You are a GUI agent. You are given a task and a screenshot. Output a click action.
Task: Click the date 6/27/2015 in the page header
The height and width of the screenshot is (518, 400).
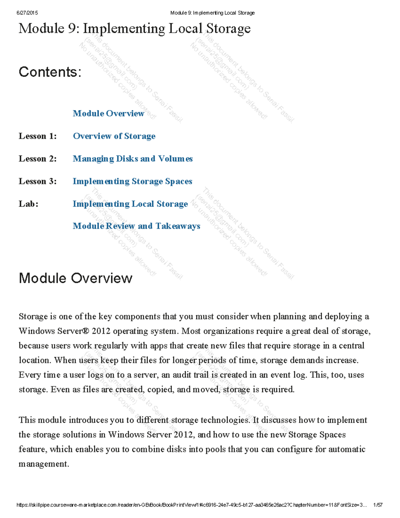(27, 13)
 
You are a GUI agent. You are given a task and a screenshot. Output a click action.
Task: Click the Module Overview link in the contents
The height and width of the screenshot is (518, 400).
(108, 113)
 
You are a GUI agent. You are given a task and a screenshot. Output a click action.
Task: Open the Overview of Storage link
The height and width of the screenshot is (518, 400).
(114, 136)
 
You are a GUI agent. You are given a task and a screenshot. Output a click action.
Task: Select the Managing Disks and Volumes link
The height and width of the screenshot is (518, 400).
(133, 159)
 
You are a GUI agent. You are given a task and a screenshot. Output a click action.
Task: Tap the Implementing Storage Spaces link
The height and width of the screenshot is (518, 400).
(132, 181)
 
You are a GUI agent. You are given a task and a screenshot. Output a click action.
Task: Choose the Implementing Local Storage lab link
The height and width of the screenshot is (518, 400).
(130, 204)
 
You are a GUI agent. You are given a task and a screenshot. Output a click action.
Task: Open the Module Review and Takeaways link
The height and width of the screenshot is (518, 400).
(136, 226)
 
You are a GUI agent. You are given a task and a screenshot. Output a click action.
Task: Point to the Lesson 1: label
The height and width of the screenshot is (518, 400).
(38, 136)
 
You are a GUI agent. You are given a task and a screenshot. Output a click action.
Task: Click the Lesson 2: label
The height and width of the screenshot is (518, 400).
(38, 159)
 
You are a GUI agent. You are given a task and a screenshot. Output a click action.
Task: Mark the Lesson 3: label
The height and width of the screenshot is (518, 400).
(38, 181)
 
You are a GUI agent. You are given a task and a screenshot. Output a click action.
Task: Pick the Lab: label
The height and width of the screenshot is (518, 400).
(29, 204)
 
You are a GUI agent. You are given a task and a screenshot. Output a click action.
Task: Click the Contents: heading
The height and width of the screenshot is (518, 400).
(50, 72)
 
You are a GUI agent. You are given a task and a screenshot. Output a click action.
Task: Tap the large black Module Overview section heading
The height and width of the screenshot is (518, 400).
(76, 278)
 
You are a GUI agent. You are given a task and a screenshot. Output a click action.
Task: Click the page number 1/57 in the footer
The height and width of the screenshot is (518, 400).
(378, 505)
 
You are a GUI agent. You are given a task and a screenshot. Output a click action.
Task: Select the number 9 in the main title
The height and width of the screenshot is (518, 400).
(72, 29)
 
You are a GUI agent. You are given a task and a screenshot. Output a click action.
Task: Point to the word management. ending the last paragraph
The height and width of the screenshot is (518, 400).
(44, 464)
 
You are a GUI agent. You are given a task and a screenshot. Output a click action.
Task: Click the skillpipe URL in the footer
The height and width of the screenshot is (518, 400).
(192, 505)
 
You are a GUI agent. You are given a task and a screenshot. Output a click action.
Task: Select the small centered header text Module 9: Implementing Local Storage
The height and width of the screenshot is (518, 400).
(212, 13)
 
